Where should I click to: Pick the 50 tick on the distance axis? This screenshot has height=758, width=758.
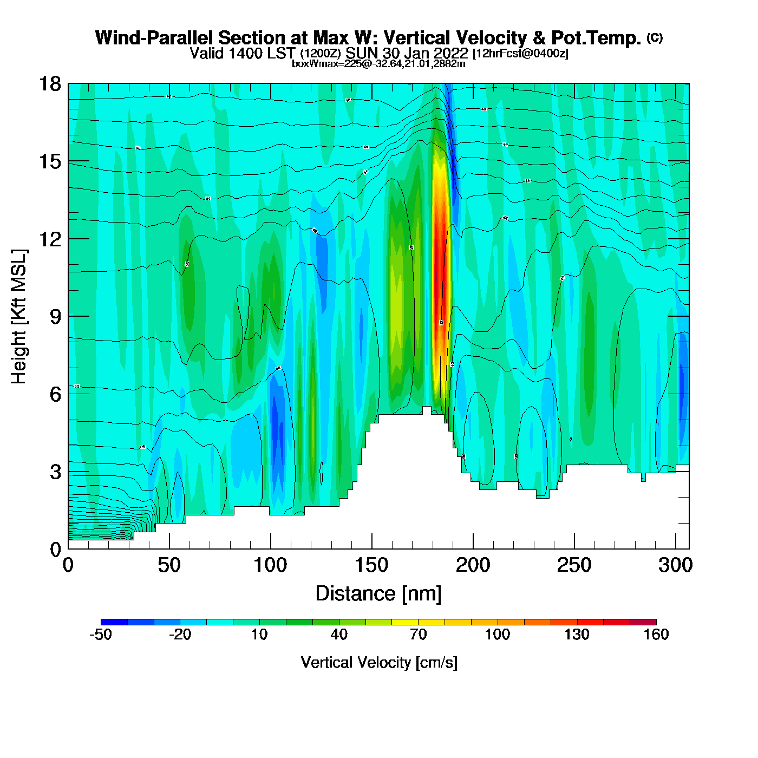(x=169, y=565)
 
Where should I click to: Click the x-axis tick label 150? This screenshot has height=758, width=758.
(x=371, y=565)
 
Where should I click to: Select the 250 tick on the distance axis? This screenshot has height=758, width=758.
(x=574, y=565)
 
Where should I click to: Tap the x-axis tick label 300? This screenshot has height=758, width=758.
(x=675, y=565)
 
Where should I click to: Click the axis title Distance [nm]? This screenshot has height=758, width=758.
(x=378, y=593)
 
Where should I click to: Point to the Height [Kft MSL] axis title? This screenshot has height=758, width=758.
(x=19, y=317)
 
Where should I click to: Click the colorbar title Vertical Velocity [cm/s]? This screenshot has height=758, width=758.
(x=379, y=662)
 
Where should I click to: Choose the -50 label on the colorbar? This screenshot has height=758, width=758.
(x=101, y=635)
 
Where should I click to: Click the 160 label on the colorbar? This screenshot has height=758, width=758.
(x=656, y=635)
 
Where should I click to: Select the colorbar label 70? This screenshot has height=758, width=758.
(x=418, y=635)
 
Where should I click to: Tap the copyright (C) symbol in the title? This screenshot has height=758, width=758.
(x=655, y=37)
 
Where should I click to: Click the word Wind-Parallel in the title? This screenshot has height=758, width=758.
(x=154, y=38)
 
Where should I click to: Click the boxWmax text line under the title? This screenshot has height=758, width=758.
(x=378, y=63)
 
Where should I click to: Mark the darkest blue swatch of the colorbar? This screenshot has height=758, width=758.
(x=114, y=622)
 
